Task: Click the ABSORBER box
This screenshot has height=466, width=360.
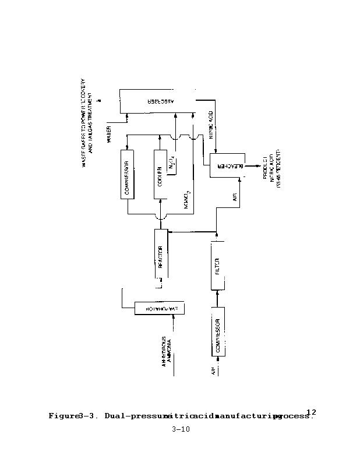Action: click(x=157, y=101)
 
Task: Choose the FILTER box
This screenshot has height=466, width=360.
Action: click(x=217, y=267)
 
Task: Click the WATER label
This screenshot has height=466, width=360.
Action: click(x=110, y=133)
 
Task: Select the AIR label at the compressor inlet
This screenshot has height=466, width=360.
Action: click(x=214, y=370)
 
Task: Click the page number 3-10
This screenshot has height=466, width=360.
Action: click(x=179, y=430)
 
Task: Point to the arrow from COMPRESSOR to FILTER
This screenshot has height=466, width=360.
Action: click(x=217, y=297)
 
